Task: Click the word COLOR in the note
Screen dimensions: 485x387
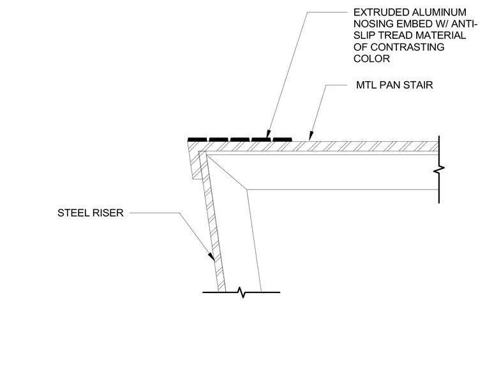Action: coord(371,59)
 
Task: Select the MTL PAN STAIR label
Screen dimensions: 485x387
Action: coord(394,85)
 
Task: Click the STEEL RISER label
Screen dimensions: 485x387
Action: coord(91,213)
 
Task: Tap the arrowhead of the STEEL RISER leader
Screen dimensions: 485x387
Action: coord(212,257)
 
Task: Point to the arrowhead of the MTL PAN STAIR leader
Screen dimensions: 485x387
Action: coord(311,137)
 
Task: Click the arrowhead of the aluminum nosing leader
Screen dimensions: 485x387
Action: coord(269,133)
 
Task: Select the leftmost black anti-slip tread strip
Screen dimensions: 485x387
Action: coord(197,139)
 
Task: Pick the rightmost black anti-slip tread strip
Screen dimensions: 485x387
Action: coord(283,139)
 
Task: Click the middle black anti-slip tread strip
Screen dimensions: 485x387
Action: coord(240,139)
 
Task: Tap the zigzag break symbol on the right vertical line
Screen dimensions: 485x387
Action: coord(439,169)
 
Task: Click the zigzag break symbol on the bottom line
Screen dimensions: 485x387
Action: coord(243,292)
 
